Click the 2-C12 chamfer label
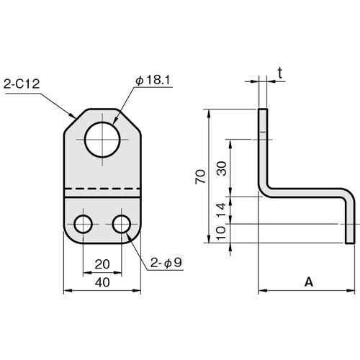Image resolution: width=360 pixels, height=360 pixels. [x=22, y=84]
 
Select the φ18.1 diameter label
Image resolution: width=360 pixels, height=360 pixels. [x=153, y=80]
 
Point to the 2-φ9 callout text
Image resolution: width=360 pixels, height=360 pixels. [x=166, y=263]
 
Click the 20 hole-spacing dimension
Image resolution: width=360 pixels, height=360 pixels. [x=102, y=264]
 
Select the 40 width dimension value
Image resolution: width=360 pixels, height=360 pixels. [x=102, y=282]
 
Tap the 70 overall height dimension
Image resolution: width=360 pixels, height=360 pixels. [x=200, y=176]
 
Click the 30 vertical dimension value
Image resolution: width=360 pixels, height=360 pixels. [x=222, y=168]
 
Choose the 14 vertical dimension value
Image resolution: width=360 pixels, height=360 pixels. [x=221, y=210]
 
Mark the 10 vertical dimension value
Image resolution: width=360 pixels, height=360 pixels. [x=221, y=233]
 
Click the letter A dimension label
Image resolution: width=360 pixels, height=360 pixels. [x=309, y=282]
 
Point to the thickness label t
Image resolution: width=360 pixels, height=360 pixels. [x=280, y=73]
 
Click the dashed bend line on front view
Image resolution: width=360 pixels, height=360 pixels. [x=102, y=189]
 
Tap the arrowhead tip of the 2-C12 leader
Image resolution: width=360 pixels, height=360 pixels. [x=76, y=119]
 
